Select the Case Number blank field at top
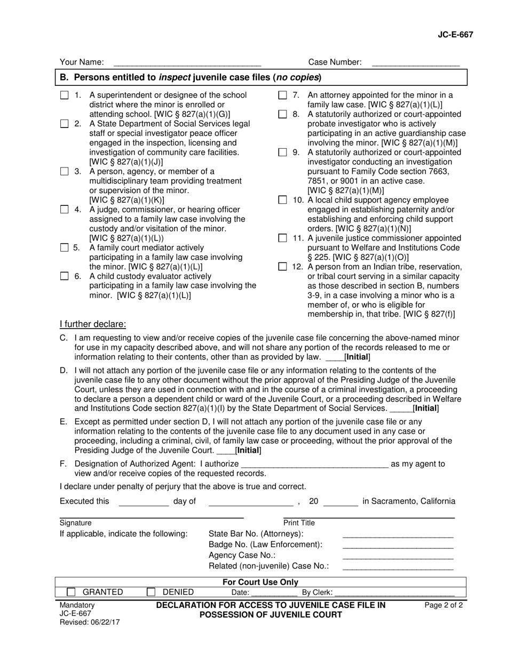(415, 63)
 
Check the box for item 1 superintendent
(65, 95)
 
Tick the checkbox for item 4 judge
(65, 210)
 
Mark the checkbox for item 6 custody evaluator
(65, 276)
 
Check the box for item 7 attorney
(283, 95)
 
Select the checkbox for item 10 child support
(283, 200)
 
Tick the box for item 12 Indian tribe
(283, 267)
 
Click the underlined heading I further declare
(93, 324)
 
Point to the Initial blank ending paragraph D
(401, 409)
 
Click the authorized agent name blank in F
(314, 464)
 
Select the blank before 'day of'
(143, 501)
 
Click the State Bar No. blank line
(398, 534)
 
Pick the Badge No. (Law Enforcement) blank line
(398, 545)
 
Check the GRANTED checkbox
(71, 592)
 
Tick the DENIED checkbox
(151, 592)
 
